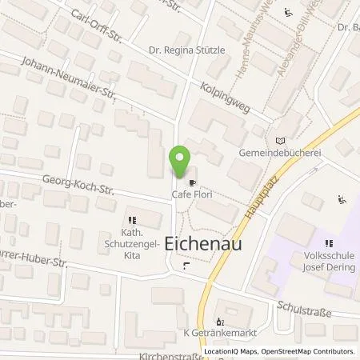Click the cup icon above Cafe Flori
[x=192, y=182]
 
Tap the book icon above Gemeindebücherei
[x=278, y=139]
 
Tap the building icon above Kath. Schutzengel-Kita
[x=133, y=218]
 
